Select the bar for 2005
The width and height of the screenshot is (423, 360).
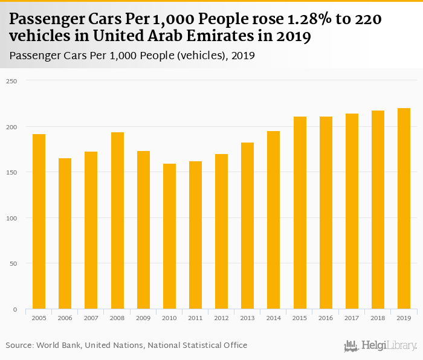tap(39, 221)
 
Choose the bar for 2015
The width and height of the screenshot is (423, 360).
tap(300, 213)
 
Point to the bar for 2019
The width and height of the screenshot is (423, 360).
tap(404, 208)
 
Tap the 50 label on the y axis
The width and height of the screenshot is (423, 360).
tap(13, 264)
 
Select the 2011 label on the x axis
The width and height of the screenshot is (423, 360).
tap(195, 317)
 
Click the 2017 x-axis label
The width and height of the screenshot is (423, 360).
tap(352, 317)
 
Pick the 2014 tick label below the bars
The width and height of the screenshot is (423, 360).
tap(274, 317)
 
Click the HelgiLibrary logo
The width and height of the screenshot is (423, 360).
tap(380, 346)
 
